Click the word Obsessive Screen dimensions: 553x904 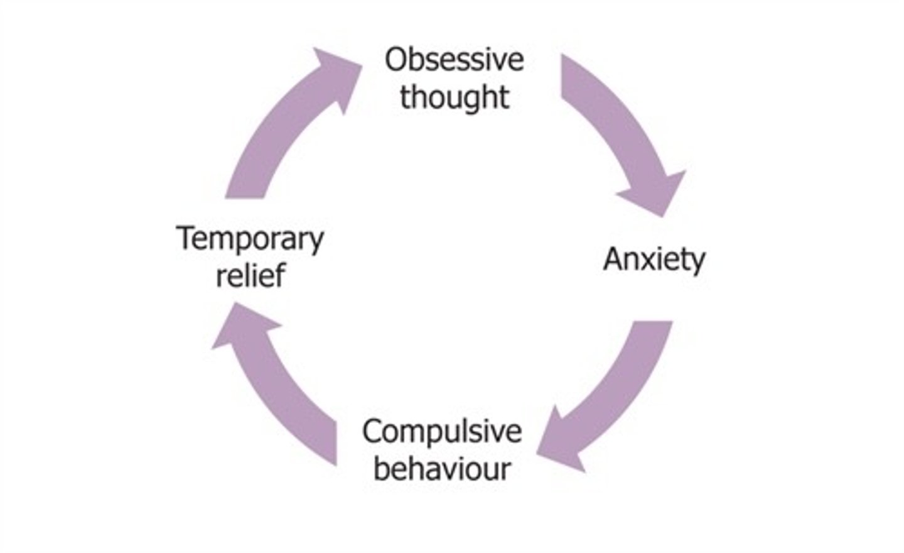pos(454,60)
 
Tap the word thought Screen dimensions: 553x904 pos(454,97)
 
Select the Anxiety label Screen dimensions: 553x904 pos(654,259)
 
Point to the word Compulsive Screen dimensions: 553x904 pos(441,432)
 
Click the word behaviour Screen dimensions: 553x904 pos(441,469)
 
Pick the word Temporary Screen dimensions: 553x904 pos(250,239)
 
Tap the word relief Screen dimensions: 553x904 pos(250,275)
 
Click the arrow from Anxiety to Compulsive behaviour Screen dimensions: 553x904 pos(621,390)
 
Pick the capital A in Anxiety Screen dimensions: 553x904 pos(614,259)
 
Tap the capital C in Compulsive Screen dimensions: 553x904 pos(373,432)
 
